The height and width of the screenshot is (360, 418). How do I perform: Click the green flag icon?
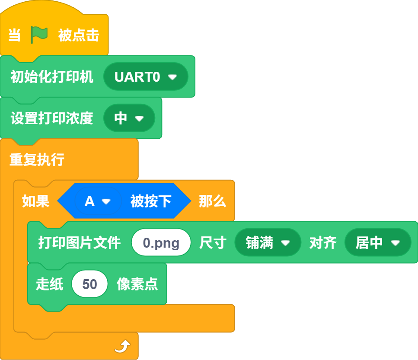click(39, 35)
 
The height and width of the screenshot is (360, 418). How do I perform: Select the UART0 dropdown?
click(146, 77)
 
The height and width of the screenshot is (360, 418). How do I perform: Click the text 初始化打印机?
click(52, 77)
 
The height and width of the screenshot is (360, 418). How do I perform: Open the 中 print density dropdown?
click(129, 118)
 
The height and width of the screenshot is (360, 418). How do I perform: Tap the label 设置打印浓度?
click(52, 118)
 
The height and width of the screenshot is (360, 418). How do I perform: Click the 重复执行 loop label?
click(37, 159)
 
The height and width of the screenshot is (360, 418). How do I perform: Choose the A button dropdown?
click(98, 201)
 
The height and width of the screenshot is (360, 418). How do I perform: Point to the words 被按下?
click(150, 201)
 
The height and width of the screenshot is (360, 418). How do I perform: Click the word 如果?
click(36, 201)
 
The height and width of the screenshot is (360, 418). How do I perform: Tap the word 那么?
click(213, 201)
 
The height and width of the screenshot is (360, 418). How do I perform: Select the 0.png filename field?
click(161, 242)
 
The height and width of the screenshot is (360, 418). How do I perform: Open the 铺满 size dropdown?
click(268, 242)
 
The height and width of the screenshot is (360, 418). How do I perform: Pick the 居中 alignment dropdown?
click(378, 242)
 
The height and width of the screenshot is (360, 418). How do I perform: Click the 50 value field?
click(89, 284)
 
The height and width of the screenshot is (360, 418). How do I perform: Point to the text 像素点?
click(137, 284)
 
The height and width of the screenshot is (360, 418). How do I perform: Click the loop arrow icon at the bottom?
click(122, 346)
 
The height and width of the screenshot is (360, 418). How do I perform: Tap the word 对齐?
click(323, 242)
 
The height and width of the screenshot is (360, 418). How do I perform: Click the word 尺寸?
click(213, 242)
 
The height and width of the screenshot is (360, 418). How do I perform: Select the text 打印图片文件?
click(80, 242)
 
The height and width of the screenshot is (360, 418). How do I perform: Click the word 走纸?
click(50, 284)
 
